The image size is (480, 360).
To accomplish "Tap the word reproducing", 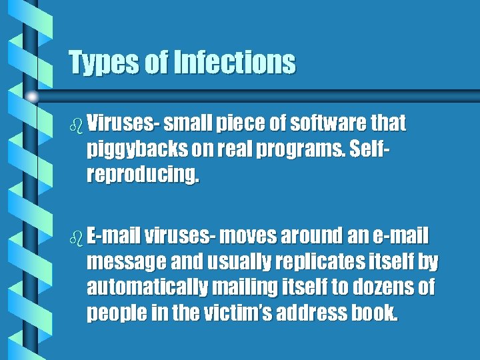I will (142, 174).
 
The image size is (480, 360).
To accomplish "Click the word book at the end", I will (378, 313).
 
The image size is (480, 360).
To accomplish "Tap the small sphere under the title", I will (32, 97).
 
